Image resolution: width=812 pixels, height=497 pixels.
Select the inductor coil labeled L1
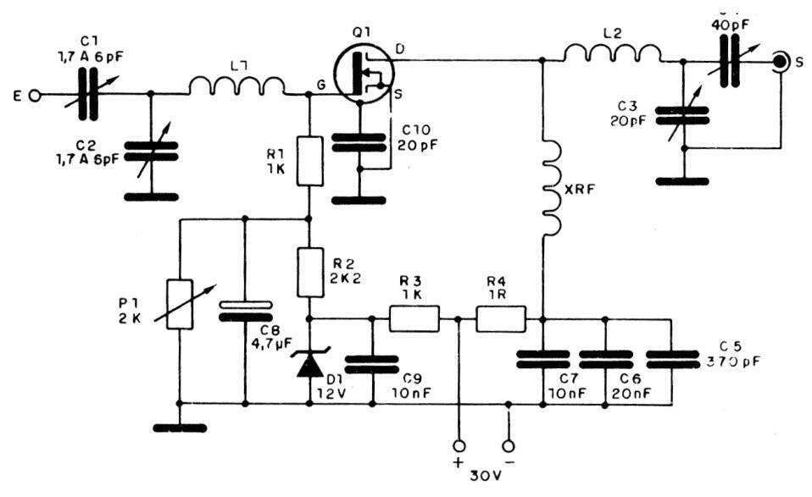tap(236, 86)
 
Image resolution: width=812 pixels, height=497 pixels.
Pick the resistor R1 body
tap(311, 160)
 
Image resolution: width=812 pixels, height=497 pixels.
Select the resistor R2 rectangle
tap(311, 271)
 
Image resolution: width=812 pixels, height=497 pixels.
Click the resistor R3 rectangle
tap(414, 319)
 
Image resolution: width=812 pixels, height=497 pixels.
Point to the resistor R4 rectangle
tap(501, 319)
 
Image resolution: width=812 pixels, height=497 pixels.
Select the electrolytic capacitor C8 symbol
tap(245, 312)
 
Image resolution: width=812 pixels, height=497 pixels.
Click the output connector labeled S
tap(779, 62)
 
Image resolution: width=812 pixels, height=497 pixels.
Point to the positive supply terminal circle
tap(459, 445)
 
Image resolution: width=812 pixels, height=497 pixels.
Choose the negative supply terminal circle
tap(509, 445)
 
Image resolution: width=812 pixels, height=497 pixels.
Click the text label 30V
tap(484, 476)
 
